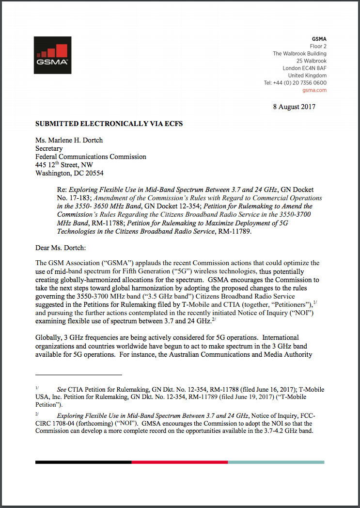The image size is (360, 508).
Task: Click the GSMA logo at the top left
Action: tap(53, 55)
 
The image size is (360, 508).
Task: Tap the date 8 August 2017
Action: tap(294, 107)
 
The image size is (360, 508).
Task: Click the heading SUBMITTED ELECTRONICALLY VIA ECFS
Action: tap(109, 124)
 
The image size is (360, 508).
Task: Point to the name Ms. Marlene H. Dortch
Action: tap(69, 141)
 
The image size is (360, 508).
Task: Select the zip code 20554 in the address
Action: tap(94, 173)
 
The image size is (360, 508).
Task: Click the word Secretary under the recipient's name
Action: tap(49, 149)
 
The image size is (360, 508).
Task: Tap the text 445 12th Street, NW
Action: tap(64, 165)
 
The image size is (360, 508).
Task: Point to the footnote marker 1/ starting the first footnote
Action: tap(37, 388)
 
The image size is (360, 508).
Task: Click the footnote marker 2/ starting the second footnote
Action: tap(37, 414)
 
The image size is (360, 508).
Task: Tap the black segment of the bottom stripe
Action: tap(83, 462)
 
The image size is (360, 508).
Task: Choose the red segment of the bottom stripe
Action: tap(179, 462)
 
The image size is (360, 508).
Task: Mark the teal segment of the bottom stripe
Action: tap(276, 462)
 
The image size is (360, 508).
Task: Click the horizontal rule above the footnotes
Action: tap(78, 375)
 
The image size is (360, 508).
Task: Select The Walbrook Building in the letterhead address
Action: tap(299, 54)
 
